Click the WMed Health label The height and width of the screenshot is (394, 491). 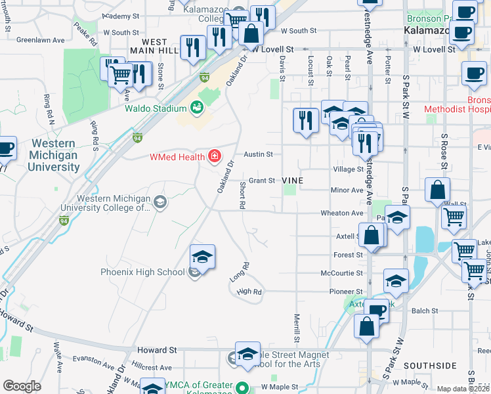(x=177, y=156)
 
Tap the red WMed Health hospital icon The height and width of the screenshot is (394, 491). (x=213, y=156)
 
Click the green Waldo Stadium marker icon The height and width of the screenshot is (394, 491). (x=197, y=107)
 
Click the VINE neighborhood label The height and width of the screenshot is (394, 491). (x=292, y=180)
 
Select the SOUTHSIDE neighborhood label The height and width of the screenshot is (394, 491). (x=430, y=365)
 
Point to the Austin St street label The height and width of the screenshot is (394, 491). (x=258, y=154)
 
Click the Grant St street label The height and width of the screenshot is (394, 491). (x=261, y=180)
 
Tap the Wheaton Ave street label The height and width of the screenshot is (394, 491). (x=341, y=213)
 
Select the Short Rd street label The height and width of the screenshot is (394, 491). (x=242, y=195)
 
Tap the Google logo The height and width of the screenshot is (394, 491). (x=22, y=386)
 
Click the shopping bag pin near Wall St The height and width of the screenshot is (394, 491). (x=437, y=190)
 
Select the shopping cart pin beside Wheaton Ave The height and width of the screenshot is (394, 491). (x=454, y=217)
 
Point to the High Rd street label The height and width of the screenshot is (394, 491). (x=249, y=292)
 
